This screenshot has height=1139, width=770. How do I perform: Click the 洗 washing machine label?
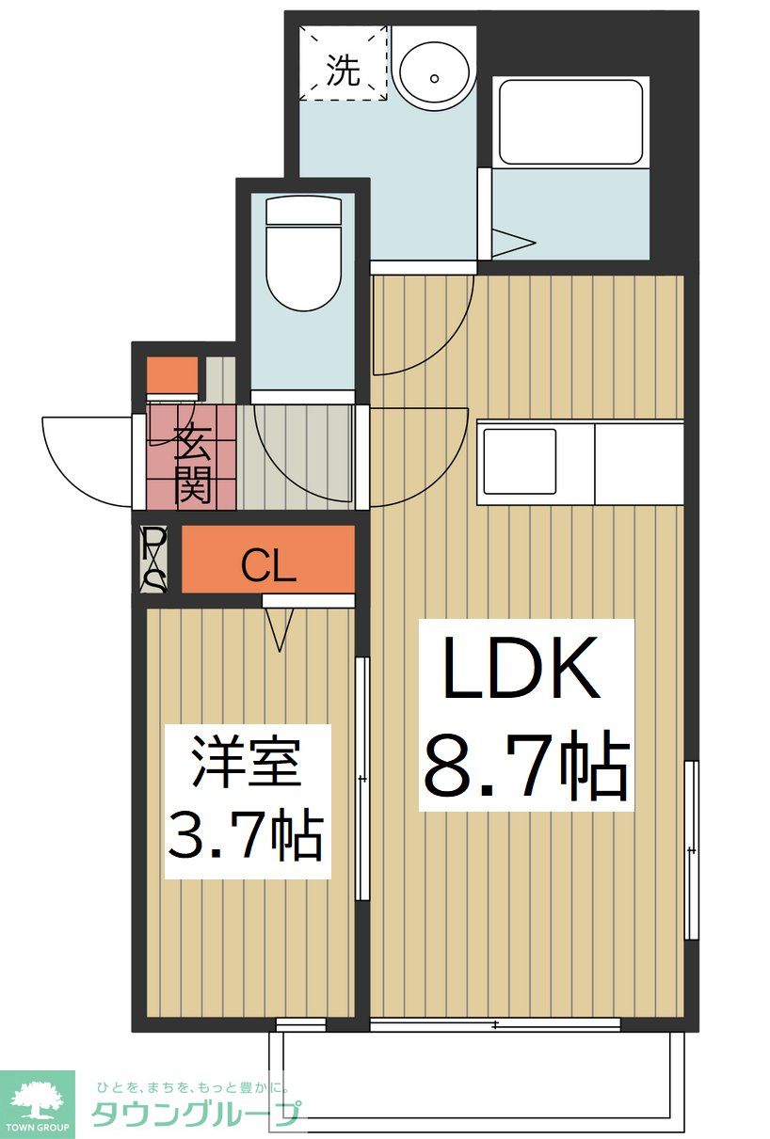(343, 70)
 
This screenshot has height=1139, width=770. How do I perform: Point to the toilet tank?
(304, 211)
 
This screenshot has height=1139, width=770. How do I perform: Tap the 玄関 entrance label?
(192, 464)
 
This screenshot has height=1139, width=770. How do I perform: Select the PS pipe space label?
(154, 559)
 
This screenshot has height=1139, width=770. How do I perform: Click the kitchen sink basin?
(519, 461)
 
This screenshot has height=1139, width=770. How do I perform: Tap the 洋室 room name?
(246, 765)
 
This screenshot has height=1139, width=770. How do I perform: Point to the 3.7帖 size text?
(245, 835)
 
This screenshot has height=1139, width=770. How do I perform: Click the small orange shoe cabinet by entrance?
(172, 373)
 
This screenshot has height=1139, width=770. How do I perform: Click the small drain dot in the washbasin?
(434, 78)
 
